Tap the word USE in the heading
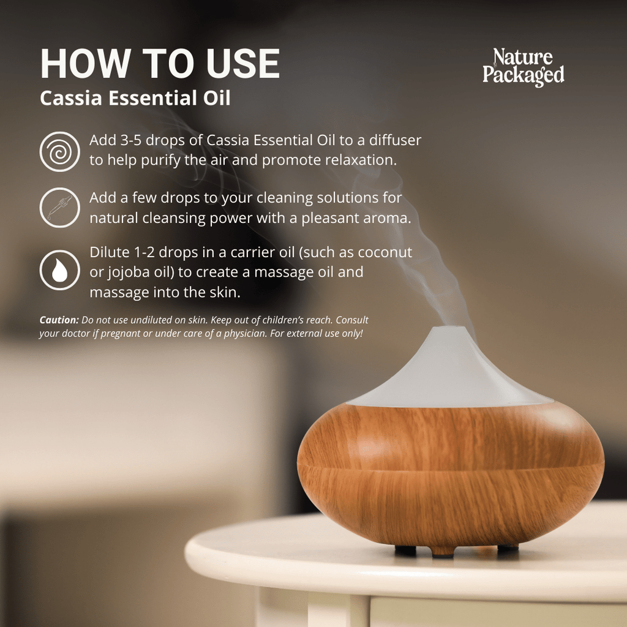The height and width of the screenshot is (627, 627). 242,63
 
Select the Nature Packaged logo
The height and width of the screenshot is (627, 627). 523,67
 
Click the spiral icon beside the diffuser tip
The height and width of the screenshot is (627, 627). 59,151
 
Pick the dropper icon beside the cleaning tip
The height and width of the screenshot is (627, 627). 59,208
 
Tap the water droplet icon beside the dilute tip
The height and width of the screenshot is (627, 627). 59,269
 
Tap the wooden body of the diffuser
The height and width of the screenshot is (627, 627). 450,471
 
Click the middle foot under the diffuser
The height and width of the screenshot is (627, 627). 443,552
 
